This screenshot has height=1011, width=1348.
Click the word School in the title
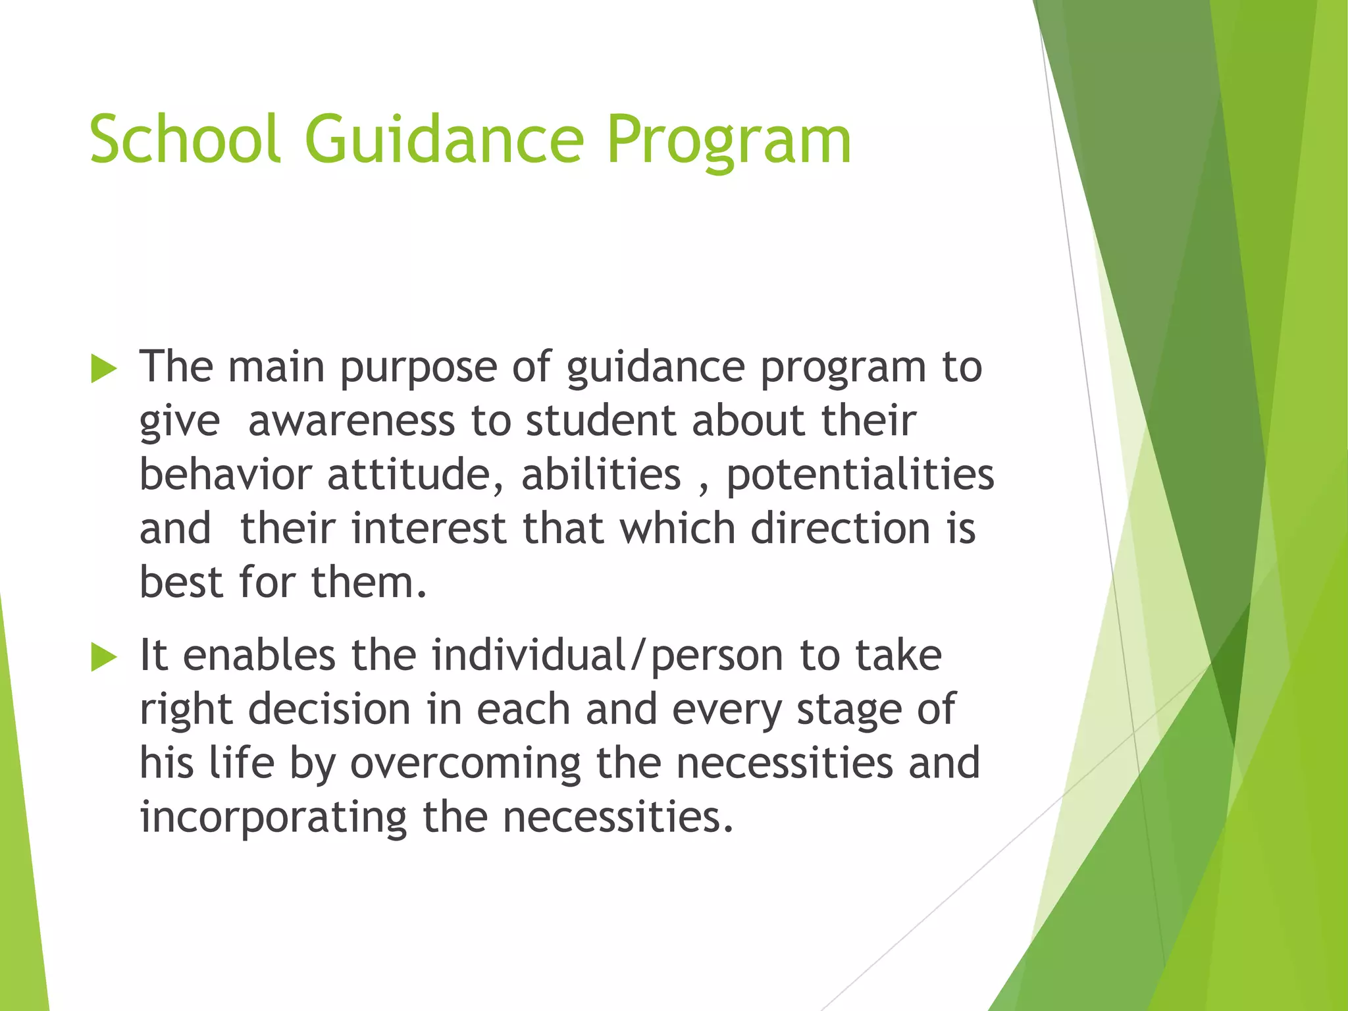tap(186, 140)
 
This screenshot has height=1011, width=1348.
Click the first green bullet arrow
tap(103, 369)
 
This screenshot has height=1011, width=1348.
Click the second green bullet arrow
tap(103, 657)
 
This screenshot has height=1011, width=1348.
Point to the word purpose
tap(418, 369)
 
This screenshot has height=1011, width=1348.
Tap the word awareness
tap(351, 421)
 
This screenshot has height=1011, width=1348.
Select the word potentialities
tap(860, 475)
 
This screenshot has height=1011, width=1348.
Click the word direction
tap(841, 529)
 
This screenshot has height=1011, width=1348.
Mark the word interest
tap(428, 529)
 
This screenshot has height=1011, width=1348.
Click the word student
tap(600, 421)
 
